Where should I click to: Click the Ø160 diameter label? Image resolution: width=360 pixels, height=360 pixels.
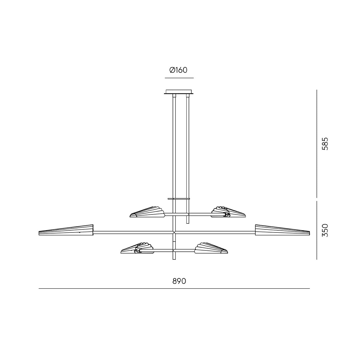178,70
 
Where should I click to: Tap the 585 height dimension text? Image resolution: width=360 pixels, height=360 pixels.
325,144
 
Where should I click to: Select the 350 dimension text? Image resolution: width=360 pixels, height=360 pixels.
325,230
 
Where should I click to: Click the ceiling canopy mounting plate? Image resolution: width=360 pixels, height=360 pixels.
179,92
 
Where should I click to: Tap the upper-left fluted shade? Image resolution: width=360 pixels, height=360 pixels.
148,212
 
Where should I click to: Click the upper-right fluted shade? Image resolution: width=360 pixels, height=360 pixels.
228,212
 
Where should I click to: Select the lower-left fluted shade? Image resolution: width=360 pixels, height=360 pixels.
137,248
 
